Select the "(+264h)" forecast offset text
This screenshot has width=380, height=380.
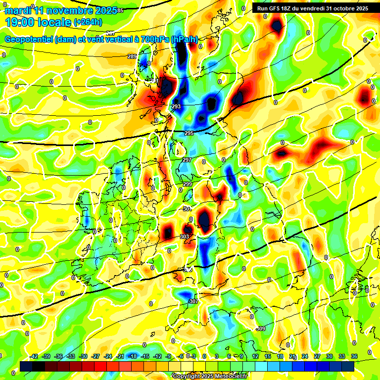click(x=88, y=22)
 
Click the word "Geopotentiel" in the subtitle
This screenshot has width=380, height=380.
click(x=29, y=40)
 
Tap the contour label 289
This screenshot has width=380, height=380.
click(x=132, y=56)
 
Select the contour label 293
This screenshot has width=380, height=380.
click(x=176, y=106)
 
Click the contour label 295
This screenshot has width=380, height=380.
click(x=189, y=133)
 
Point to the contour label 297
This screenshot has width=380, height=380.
click(x=187, y=160)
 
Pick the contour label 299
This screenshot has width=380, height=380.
click(x=188, y=184)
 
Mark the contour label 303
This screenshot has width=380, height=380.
click(x=185, y=237)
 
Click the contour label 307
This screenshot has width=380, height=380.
click(x=193, y=301)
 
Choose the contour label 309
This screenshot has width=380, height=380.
click(x=261, y=329)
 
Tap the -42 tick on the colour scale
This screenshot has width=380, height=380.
click(x=34, y=356)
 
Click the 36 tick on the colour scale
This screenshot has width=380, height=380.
click(x=354, y=356)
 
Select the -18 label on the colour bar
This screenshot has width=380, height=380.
click(x=132, y=356)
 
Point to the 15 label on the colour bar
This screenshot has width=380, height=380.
click(x=268, y=356)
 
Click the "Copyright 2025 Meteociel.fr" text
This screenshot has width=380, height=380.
click(x=209, y=376)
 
